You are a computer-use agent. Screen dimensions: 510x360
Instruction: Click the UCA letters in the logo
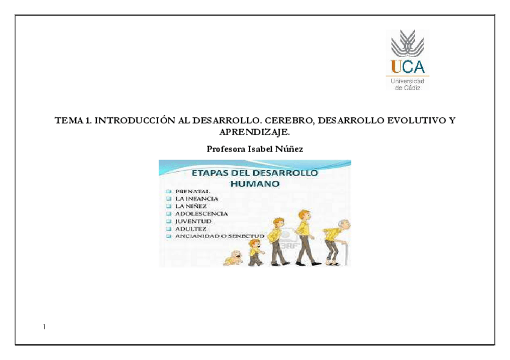point(408,67)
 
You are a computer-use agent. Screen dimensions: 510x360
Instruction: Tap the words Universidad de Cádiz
point(408,84)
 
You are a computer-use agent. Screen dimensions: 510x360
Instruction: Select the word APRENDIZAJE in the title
point(254,132)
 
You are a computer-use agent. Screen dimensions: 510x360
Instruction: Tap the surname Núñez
point(289,149)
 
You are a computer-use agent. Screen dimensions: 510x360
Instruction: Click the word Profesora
point(226,149)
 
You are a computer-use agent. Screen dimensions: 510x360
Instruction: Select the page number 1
point(45,327)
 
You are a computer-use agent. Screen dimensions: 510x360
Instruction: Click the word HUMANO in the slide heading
point(255,184)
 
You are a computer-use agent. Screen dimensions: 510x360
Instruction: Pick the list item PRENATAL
point(192,191)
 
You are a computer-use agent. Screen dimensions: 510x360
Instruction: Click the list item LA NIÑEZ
point(191,206)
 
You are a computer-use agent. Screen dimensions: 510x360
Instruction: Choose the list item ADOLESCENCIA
point(201,214)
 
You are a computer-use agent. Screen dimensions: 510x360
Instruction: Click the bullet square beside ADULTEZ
point(168,229)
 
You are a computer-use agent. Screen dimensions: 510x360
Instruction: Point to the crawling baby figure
point(233,258)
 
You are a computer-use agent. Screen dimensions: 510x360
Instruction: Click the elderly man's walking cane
point(345,252)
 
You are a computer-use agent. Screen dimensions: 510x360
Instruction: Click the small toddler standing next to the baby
point(256,252)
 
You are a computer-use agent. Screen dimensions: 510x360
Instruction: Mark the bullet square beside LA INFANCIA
point(168,198)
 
